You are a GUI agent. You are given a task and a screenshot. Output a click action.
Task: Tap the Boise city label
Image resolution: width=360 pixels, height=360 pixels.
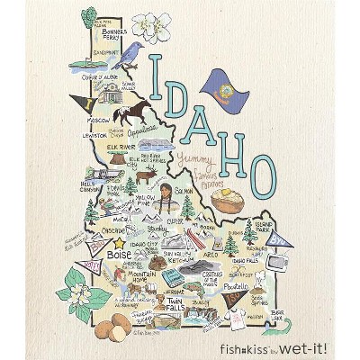(x=119, y=255)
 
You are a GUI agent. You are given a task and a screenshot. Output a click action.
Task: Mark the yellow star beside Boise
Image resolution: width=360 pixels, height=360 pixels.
(x=101, y=255)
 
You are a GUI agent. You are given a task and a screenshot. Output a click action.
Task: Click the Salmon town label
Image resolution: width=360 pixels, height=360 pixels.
(x=184, y=191)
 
